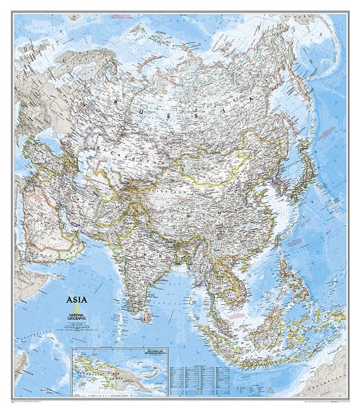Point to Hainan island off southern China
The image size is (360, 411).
[239, 260]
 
